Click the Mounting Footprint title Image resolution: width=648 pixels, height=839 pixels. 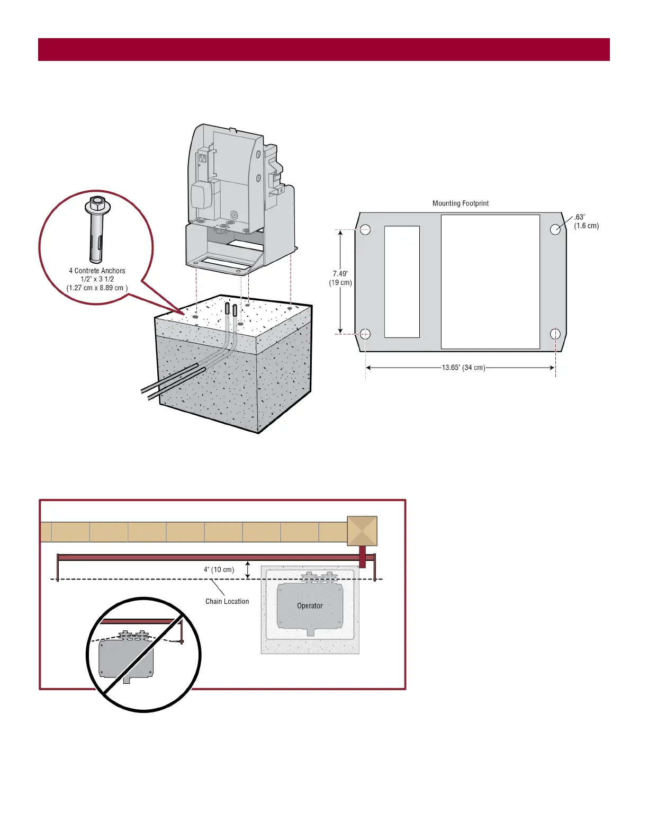460,203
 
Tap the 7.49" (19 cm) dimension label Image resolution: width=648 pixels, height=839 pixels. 340,278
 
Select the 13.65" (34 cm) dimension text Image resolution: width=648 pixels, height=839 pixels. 463,368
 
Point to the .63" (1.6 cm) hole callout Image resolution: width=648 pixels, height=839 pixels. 586,221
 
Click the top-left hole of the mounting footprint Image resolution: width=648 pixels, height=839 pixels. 365,229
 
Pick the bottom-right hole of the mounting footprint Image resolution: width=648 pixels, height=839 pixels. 555,334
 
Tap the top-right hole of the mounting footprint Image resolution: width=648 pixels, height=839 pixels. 555,229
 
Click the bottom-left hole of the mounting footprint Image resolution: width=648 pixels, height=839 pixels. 365,334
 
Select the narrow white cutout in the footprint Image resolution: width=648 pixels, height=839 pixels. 402,282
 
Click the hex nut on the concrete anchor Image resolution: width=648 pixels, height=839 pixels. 97,203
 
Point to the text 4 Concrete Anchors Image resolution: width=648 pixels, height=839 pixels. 97,271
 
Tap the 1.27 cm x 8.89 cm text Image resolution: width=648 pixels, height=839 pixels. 97,288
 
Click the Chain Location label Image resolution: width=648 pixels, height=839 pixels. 227,601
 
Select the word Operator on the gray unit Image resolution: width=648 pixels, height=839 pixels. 310,606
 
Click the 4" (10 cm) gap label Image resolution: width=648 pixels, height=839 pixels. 219,570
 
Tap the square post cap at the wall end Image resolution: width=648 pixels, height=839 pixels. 362,531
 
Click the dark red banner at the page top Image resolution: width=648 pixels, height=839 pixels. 323,49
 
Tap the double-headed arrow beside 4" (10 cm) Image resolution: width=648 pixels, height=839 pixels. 248,570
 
